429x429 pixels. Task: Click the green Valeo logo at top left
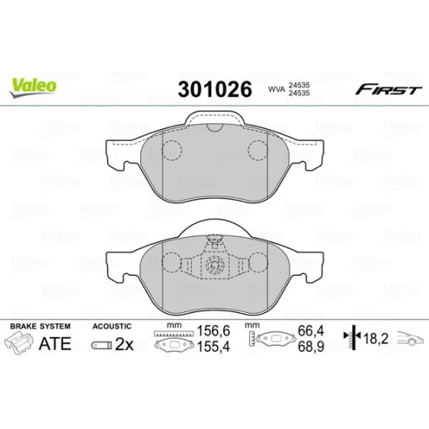coord(33,85)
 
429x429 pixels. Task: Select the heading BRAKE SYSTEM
coord(40,326)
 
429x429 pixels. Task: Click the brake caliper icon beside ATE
coord(19,344)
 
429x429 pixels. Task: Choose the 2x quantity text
coord(123,344)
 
